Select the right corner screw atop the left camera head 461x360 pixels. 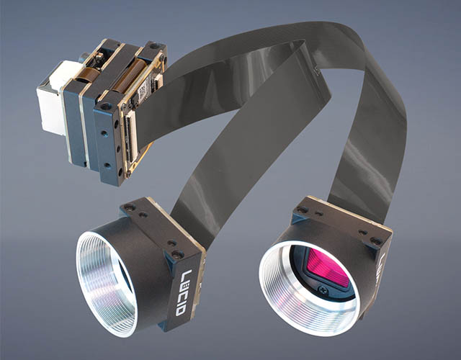click(x=176, y=254)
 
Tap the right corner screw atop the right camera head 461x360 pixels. click(x=374, y=241)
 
